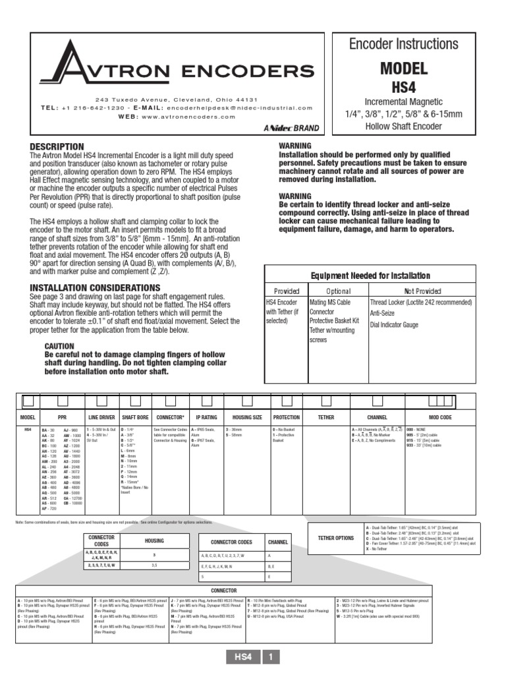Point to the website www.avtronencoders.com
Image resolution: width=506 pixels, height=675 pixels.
click(x=188, y=116)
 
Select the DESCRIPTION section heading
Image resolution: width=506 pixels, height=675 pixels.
click(x=57, y=146)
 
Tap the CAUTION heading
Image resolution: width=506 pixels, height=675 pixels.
click(x=59, y=346)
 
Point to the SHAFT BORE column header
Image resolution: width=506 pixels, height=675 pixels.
click(x=136, y=417)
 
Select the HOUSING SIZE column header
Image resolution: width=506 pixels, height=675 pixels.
click(x=248, y=417)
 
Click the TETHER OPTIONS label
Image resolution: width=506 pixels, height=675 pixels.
click(x=335, y=538)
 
